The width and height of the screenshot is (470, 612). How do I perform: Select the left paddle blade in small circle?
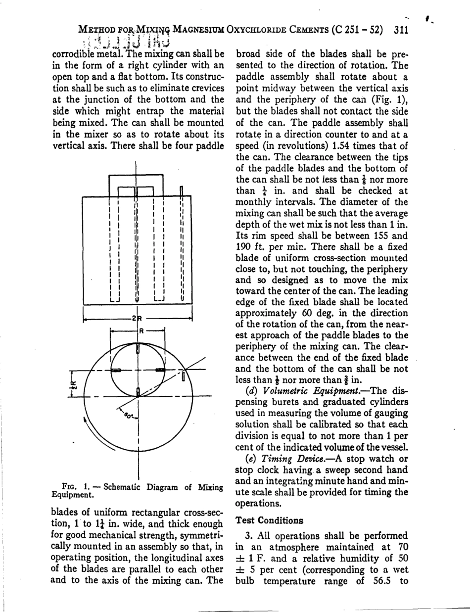[115, 370]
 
